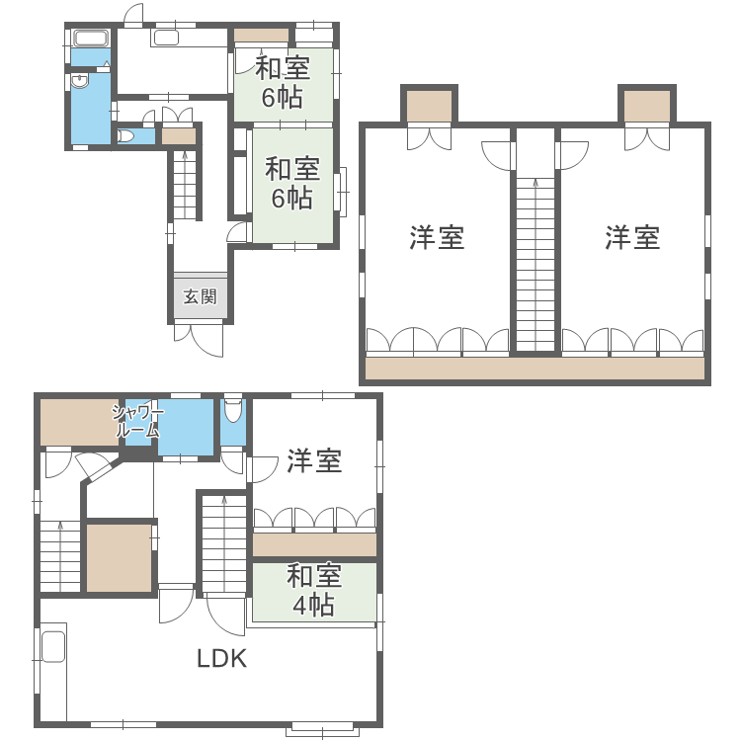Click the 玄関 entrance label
[202, 296]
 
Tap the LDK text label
[221, 659]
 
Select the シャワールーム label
[137, 422]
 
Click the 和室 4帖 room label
[314, 590]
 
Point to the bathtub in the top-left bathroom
[90, 41]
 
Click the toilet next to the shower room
[233, 410]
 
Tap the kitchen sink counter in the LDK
[51, 648]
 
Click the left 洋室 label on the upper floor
[437, 237]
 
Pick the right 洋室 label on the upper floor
[632, 237]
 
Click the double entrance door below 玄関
[200, 338]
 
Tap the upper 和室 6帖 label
[283, 83]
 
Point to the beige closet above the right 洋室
[647, 105]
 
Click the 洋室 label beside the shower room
[314, 461]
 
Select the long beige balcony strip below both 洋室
[535, 369]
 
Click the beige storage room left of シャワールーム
[74, 423]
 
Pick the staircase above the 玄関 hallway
[186, 184]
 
